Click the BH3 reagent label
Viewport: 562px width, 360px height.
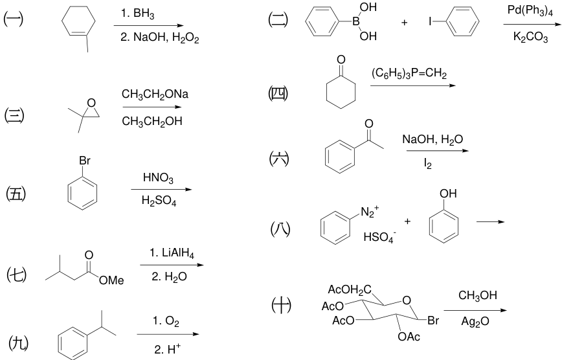point(144,14)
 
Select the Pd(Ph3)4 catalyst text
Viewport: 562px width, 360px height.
point(530,11)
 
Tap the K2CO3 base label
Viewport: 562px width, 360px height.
point(530,37)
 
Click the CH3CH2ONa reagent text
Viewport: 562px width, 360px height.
point(155,95)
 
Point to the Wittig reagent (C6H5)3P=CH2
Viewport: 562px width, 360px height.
point(409,74)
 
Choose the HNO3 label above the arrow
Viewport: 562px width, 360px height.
point(158,177)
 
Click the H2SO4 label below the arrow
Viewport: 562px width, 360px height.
point(159,201)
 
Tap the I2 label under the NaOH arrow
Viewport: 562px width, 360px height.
point(427,164)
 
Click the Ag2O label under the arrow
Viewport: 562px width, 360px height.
point(475,322)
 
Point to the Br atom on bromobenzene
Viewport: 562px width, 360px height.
point(85,161)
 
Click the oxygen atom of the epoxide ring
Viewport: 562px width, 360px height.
point(91,103)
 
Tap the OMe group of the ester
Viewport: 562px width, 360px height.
point(111,280)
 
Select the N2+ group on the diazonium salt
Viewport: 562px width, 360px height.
point(370,212)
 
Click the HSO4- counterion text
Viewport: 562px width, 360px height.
point(379,237)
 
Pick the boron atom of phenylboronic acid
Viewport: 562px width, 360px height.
point(355,22)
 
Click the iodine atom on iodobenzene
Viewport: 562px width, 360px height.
point(430,22)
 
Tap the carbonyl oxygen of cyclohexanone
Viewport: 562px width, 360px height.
point(341,60)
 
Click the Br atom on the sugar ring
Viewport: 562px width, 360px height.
point(433,321)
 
